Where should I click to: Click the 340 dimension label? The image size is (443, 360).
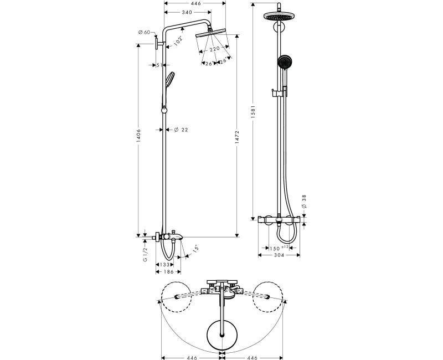[187, 12]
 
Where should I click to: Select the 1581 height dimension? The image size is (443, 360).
[253, 112]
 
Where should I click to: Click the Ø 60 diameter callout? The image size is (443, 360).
[145, 32]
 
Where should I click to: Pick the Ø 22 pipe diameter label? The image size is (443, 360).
[181, 130]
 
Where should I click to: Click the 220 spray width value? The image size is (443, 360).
[214, 49]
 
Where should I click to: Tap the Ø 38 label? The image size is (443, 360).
[304, 202]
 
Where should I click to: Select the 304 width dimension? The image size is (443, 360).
[279, 255]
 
